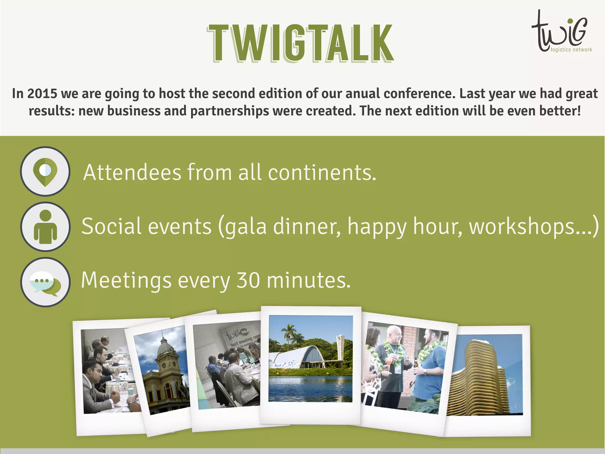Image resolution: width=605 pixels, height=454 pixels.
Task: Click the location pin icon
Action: tap(45, 171)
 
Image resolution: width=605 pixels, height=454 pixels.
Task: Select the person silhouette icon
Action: tap(45, 227)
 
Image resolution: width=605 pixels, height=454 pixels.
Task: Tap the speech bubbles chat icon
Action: tap(45, 282)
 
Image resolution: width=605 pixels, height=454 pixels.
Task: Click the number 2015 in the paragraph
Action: tap(42, 94)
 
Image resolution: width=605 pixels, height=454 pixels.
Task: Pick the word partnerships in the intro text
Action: tap(230, 111)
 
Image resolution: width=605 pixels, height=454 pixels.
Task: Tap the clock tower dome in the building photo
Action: tap(163, 346)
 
